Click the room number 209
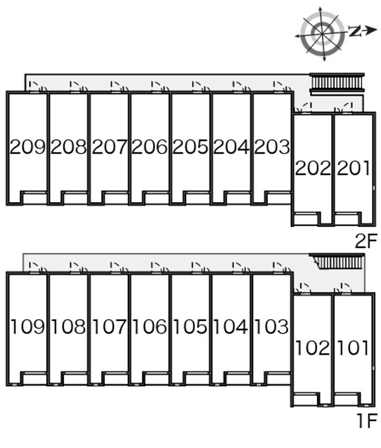[28, 147]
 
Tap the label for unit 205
[190, 147]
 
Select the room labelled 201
[354, 168]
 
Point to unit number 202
[313, 168]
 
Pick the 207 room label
[110, 147]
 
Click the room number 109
[28, 327]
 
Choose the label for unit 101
[354, 348]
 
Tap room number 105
[190, 327]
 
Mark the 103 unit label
[271, 327]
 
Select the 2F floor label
[367, 241]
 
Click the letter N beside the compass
[355, 30]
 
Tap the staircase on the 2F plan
[337, 83]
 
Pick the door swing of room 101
[344, 288]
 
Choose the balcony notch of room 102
[305, 399]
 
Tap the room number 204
[231, 147]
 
